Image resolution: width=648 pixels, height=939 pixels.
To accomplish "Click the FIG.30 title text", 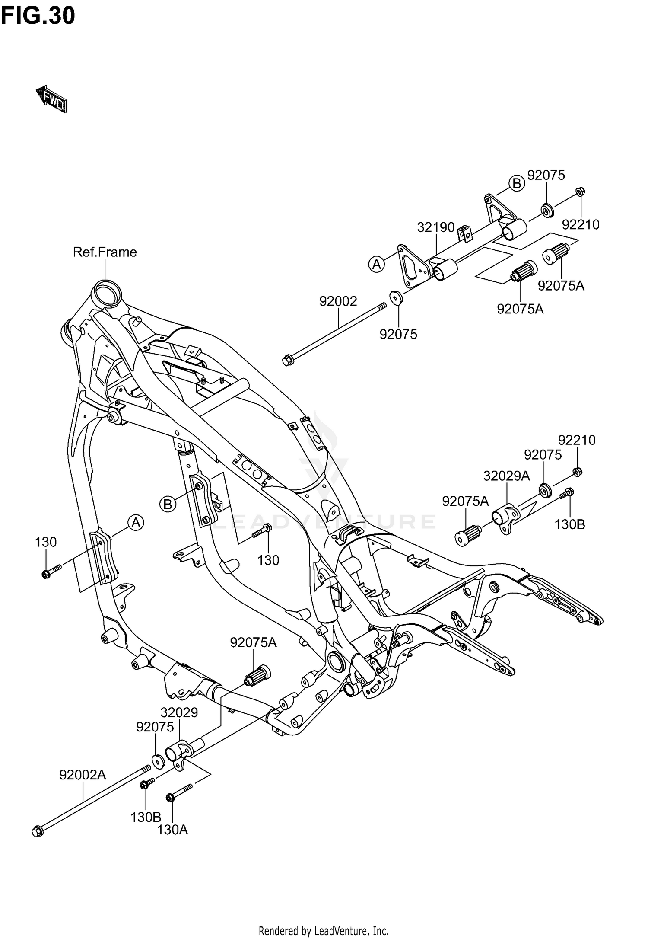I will [38, 16].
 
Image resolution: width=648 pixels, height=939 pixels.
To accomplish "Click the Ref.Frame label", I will [105, 252].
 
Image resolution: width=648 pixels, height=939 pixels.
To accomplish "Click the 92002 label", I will [338, 301].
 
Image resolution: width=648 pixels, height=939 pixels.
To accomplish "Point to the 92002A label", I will [83, 775].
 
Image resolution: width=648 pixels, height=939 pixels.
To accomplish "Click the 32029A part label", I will [506, 476].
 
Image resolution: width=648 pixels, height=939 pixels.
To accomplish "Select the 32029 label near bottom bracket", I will [179, 712].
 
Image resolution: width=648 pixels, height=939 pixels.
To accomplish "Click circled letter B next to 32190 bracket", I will [516, 184].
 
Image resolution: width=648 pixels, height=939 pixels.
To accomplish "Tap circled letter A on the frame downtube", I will [136, 523].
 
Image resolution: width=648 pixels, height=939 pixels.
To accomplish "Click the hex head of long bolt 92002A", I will [37, 831].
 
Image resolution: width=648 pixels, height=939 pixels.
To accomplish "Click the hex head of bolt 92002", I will [286, 360].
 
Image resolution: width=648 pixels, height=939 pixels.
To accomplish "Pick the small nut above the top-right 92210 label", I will [581, 191].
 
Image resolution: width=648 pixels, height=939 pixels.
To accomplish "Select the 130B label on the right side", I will [570, 524].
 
